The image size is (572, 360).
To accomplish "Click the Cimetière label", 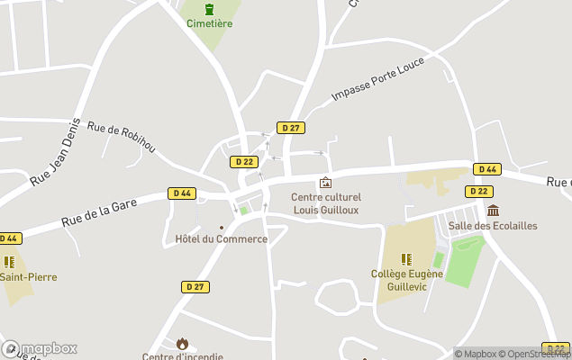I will coord(209,23).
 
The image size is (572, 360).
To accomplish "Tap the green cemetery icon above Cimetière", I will coord(209,9).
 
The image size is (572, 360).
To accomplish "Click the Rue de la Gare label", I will coord(99,212).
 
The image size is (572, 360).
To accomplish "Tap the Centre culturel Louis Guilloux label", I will coord(326,203).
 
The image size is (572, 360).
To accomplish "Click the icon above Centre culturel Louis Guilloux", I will coord(325,183).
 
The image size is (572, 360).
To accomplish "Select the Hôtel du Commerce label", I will coord(222,239).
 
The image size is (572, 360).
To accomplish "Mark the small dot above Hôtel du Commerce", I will coord(222,227).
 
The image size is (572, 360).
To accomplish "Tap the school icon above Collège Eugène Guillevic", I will coord(406,259).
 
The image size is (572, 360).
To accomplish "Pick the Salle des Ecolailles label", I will coord(493,226).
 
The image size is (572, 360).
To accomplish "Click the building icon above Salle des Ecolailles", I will coord(493,211).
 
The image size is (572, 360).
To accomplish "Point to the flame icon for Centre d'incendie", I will coord(182,343).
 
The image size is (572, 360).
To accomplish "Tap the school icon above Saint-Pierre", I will coord(10,262).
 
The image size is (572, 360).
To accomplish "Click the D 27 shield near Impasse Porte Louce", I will coord(289,128).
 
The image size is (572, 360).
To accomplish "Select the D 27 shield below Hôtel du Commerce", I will coord(195,287).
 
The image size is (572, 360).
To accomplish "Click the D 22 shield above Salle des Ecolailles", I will coord(479,192).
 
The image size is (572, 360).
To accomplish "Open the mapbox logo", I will coord(40,348).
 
